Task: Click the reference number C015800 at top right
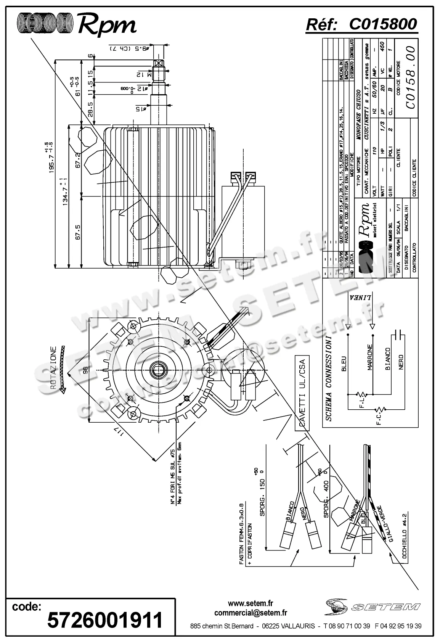coord(383,24)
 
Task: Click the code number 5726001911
coord(105,620)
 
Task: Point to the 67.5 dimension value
coord(78,232)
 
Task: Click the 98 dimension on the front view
coord(85,370)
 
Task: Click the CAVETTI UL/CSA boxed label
coord(302,393)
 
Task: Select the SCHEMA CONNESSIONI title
coord(329,378)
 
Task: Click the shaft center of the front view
coord(157,370)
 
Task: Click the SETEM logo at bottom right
coord(373,606)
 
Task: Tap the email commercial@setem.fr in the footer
coord(251,613)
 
